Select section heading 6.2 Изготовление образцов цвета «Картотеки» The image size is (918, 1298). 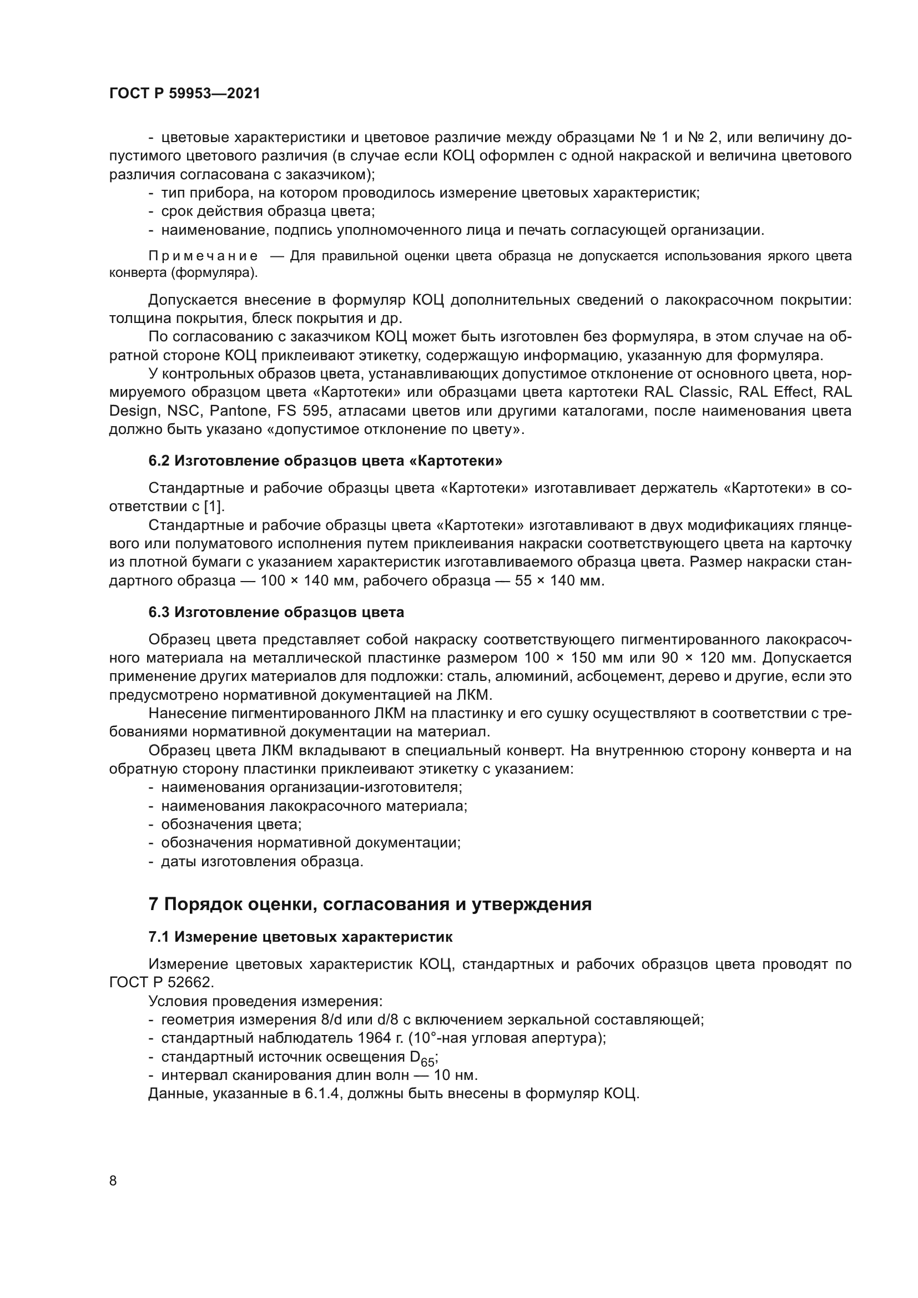point(325,461)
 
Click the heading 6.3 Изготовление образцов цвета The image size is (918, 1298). point(276,612)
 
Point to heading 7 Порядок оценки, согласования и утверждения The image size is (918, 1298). point(370,904)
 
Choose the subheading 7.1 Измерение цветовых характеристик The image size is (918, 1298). point(300,937)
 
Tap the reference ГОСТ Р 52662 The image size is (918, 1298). point(162,983)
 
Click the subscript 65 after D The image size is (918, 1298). point(428,1063)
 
